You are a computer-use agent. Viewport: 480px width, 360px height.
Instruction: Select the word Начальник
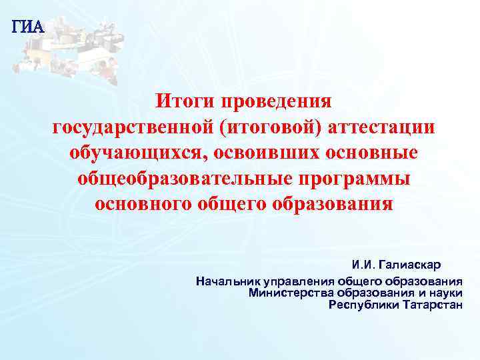(x=223, y=281)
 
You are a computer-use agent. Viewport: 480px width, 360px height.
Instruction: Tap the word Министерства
(x=289, y=293)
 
